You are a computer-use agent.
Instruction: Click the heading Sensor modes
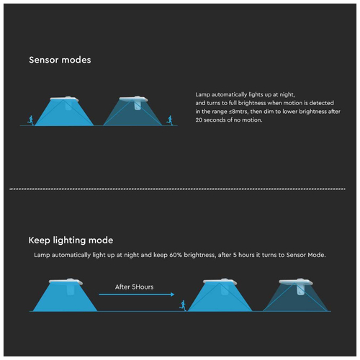pos(60,60)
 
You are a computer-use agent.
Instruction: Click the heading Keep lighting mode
pos(71,240)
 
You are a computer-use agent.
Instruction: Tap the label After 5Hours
pos(134,287)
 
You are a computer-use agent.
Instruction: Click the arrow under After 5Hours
pos(137,294)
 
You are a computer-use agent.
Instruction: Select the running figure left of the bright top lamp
pos(31,120)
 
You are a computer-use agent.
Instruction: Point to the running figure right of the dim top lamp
pos(170,120)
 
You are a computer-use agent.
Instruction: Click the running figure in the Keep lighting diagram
pos(183,305)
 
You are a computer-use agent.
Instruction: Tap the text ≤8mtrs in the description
pos(238,112)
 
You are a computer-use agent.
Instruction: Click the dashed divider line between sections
pos(177,189)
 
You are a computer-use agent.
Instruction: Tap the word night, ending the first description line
pos(287,95)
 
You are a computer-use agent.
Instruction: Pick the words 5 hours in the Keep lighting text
pos(243,255)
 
